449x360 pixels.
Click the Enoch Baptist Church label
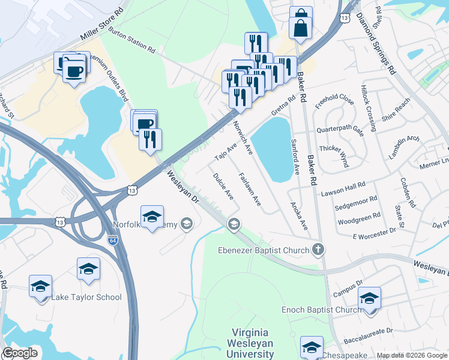pos(322,310)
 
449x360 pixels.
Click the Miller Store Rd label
pos(102,26)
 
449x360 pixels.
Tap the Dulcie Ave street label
pos(223,186)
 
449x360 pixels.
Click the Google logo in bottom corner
pos(20,353)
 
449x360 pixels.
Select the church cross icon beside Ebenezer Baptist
pos(318,250)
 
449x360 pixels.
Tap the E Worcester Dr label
pos(375,230)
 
